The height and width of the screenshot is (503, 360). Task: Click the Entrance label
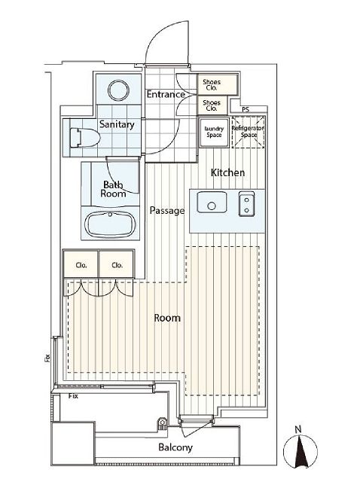point(166,94)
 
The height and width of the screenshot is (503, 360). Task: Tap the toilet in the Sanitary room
point(84,138)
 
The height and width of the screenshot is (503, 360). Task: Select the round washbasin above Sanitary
point(118,90)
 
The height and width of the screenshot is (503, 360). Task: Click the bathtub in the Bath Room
point(111,224)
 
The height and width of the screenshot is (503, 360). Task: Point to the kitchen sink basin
point(212,202)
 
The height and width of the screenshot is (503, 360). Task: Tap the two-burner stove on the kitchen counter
point(247,204)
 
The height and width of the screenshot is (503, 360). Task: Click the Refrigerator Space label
point(248,132)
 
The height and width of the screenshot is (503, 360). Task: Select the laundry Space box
point(214,133)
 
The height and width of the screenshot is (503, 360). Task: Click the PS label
point(246,110)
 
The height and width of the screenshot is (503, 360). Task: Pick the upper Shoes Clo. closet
point(218,84)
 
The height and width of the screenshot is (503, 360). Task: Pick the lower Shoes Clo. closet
point(212,105)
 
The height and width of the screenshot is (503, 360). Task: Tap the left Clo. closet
point(81,264)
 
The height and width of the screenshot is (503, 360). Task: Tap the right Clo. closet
point(117,264)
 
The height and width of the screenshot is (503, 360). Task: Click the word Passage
point(167,211)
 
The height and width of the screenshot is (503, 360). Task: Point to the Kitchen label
point(227,172)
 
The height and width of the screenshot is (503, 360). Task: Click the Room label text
point(167,318)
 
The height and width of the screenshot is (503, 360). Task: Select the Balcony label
point(175,447)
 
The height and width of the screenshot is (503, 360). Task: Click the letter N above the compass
point(298,429)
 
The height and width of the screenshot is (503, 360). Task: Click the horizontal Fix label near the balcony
point(73,396)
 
